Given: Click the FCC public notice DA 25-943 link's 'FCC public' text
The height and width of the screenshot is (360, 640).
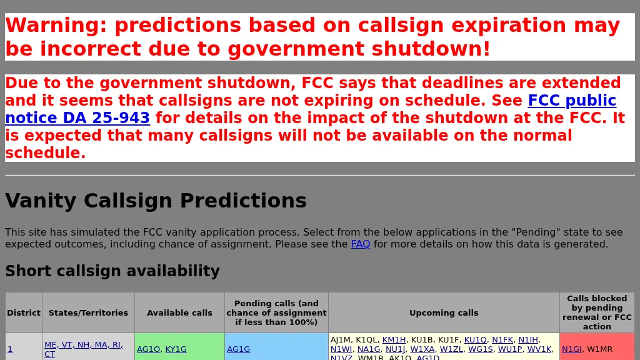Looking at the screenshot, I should coord(571,101).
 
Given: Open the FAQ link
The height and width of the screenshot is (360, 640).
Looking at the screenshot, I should coord(360,244).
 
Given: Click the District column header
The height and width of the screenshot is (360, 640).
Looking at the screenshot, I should coord(24,312).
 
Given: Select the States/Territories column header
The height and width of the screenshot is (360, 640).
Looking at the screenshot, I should coord(88,312).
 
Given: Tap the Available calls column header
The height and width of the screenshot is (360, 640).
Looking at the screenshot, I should coord(179,312).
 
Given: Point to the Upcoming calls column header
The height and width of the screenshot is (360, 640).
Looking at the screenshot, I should coord(444,312).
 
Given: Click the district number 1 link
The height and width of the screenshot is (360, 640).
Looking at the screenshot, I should coord(10,349).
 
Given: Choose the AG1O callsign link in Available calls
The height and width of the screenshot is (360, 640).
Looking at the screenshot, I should coord(148,349).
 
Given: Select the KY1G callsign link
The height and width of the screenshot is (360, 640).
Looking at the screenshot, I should coord(176,349).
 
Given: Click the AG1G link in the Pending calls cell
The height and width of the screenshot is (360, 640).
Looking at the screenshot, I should coord(238,349).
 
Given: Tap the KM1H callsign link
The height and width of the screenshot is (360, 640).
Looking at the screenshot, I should coord(394,340).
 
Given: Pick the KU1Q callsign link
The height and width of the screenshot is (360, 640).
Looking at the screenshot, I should coord(475,340).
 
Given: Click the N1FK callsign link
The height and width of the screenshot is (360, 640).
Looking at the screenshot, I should coord(502,340).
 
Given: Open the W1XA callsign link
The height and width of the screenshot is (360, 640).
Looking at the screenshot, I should coord(422,349).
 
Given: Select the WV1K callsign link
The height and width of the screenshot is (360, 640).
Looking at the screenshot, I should coord(539,349).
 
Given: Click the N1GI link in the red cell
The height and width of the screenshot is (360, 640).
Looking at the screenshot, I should coord(571,349).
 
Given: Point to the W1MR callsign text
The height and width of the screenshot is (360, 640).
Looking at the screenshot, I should coord(600,349).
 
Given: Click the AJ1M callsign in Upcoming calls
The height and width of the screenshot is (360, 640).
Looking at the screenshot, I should coord(341,340).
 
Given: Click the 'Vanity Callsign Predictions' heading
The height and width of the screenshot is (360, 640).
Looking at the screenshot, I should coord(156,201).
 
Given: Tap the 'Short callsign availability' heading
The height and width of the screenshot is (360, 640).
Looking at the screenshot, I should coord(112,271).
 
